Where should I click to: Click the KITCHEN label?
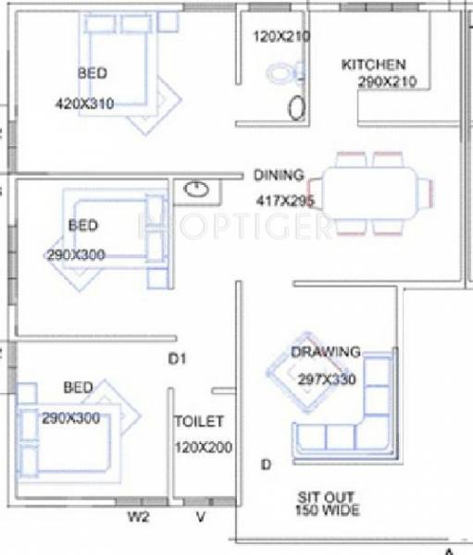click(374, 65)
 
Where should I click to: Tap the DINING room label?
click(279, 175)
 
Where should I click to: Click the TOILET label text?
click(199, 421)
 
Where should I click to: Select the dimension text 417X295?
click(286, 200)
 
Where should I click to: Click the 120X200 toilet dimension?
click(203, 448)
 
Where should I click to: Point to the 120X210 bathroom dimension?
click(281, 37)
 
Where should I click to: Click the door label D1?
click(177, 359)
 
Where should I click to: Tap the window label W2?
click(138, 518)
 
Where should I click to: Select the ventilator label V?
click(202, 518)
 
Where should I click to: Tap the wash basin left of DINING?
click(196, 191)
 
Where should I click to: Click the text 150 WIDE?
click(327, 510)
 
